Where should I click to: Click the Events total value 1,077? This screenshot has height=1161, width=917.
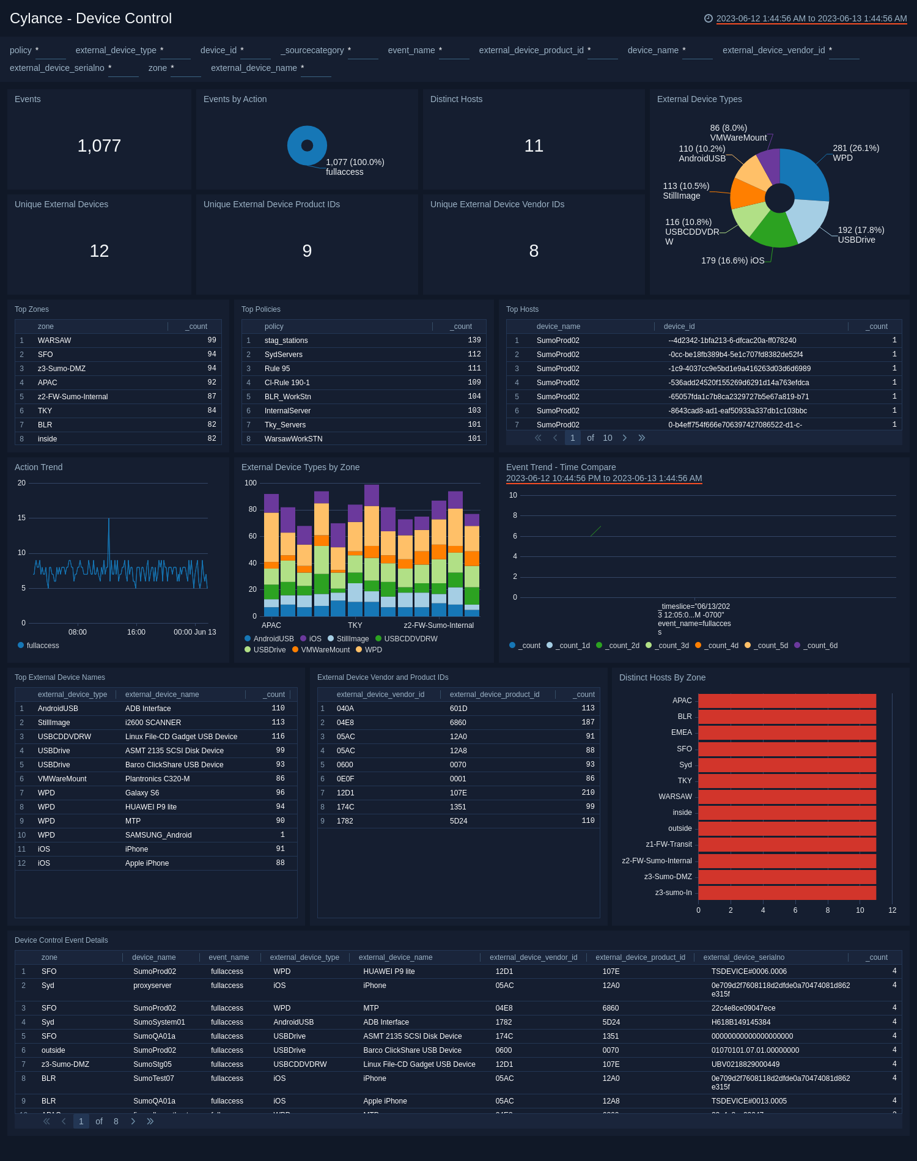point(99,146)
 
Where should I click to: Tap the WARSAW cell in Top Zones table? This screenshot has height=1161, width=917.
point(54,341)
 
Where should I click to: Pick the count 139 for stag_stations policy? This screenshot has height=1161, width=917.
point(474,341)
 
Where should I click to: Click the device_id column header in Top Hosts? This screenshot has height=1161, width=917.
point(679,326)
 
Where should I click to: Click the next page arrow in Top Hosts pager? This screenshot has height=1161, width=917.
point(624,438)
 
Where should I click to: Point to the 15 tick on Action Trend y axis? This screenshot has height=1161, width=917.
point(21,518)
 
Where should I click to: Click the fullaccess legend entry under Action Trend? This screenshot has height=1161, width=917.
point(42,646)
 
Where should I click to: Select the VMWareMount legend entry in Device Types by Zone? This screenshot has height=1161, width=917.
point(325,650)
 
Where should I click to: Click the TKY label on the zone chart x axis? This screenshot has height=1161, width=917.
point(355,625)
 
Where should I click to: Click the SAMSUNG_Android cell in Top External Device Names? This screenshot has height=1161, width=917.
point(158,835)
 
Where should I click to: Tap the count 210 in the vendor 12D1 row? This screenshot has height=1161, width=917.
point(587,793)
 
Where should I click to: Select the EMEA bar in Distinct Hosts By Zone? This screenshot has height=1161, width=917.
point(787,732)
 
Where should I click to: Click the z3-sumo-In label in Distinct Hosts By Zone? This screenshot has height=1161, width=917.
point(673,893)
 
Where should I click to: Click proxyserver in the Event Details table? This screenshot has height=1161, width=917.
point(152,986)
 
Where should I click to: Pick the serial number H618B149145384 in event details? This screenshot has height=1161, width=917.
point(740,1022)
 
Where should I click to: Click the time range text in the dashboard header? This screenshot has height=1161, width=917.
point(811,18)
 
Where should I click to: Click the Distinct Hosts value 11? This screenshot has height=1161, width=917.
point(534,146)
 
